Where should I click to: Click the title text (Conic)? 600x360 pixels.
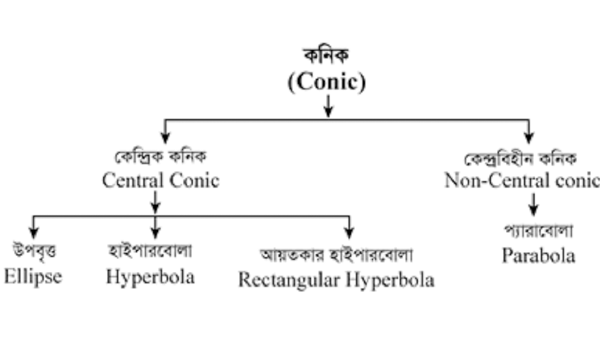point(327,83)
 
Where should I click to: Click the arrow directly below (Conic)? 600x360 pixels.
point(328,106)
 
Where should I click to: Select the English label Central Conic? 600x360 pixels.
point(160,180)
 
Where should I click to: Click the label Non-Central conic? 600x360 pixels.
point(521,180)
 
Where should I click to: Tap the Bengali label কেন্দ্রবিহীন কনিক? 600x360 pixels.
point(521,158)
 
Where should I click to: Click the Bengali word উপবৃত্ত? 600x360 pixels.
point(34,250)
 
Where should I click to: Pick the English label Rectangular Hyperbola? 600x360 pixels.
point(336,280)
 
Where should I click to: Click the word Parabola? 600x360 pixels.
point(538,256)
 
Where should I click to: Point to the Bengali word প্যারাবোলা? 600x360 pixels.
point(538,230)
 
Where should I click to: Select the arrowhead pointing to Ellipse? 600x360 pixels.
point(34,233)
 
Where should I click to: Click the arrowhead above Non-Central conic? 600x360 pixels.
point(529,137)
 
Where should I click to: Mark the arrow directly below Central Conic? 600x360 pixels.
point(155,202)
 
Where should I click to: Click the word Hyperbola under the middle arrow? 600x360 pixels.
point(150,277)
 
